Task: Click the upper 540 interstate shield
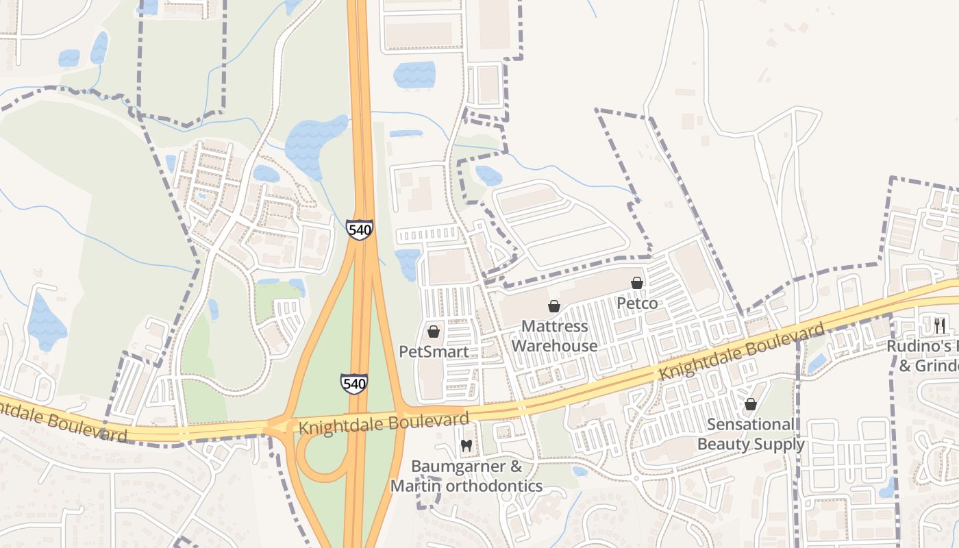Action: tap(359, 229)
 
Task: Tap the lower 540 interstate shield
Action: tap(354, 384)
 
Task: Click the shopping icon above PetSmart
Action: tap(433, 332)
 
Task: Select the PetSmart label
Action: tap(434, 352)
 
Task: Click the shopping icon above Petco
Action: tap(637, 283)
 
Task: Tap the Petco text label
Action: tap(637, 303)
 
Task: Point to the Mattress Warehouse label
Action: tap(554, 336)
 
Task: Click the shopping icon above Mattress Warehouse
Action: tap(554, 306)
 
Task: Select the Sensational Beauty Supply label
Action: tap(751, 434)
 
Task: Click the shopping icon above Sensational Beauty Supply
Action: tap(751, 405)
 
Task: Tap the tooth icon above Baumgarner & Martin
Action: tap(466, 446)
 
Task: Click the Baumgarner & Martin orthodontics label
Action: tap(466, 477)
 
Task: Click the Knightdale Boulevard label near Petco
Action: tap(742, 353)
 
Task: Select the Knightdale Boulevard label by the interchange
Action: tap(384, 423)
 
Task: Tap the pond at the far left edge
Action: tap(46, 322)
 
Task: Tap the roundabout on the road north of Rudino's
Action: tap(808, 241)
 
